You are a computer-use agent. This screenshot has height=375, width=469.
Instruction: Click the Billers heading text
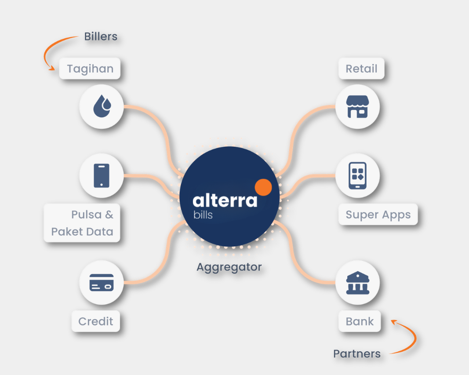[x=101, y=36]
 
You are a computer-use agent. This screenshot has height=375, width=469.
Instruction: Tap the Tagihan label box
[x=90, y=69]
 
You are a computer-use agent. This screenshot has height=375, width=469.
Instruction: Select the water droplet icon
[x=102, y=106]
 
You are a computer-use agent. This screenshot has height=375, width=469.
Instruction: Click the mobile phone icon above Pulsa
[x=102, y=175]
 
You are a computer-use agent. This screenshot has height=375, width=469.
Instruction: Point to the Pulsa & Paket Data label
[x=82, y=223]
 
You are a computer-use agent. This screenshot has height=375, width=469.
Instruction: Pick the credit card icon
[x=102, y=283]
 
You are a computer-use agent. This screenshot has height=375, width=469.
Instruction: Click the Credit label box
[x=96, y=321]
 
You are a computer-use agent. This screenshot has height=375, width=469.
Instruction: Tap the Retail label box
[x=361, y=69]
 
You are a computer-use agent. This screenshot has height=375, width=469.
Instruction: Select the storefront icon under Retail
[x=357, y=107]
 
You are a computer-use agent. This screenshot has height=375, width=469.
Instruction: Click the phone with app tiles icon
[x=357, y=176]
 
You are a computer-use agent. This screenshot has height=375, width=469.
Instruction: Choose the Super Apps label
[x=378, y=215]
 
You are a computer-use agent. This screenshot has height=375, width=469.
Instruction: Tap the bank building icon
[x=358, y=283]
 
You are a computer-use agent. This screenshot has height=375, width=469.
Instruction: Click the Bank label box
[x=360, y=321]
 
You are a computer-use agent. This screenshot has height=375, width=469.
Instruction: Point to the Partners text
[x=357, y=354]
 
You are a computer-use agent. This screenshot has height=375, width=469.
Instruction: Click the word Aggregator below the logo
[x=229, y=267]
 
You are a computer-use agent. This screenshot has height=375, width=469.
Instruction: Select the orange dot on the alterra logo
[x=263, y=187]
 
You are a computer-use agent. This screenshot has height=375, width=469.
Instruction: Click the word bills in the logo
[x=203, y=215]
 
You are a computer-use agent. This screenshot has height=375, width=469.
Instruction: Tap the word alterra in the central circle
[x=225, y=200]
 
